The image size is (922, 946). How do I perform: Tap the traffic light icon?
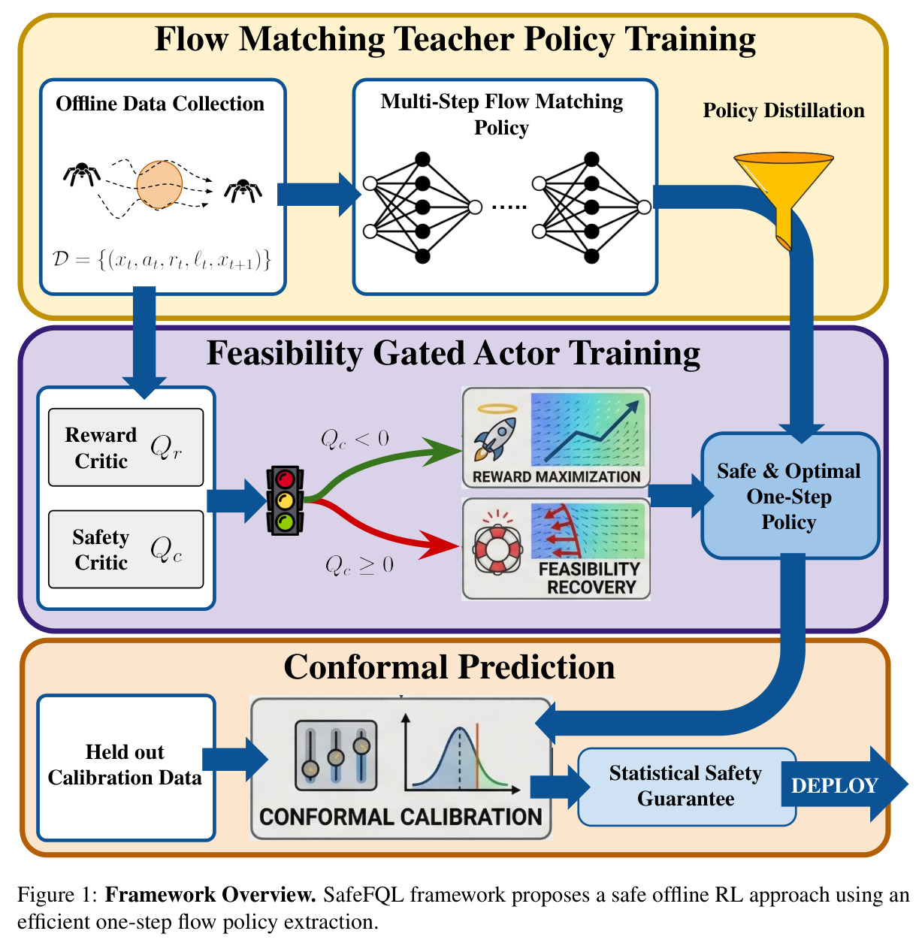click(x=286, y=500)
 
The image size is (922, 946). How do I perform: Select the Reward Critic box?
click(x=126, y=447)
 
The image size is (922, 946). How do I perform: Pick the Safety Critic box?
click(x=126, y=549)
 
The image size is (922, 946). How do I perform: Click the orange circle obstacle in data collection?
click(x=159, y=185)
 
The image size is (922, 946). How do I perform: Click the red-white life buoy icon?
click(x=497, y=549)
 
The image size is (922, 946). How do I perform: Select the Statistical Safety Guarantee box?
click(x=685, y=787)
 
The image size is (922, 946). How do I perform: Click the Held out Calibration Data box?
click(x=126, y=768)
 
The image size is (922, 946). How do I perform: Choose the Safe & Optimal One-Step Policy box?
click(x=790, y=495)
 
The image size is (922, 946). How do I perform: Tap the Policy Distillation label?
click(x=784, y=110)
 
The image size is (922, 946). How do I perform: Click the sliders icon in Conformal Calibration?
click(x=336, y=755)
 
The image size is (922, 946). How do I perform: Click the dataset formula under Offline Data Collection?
click(x=161, y=259)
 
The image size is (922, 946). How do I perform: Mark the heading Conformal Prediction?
click(x=449, y=667)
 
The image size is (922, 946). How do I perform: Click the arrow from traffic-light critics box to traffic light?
click(x=237, y=500)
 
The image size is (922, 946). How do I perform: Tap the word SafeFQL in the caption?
click(x=364, y=896)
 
